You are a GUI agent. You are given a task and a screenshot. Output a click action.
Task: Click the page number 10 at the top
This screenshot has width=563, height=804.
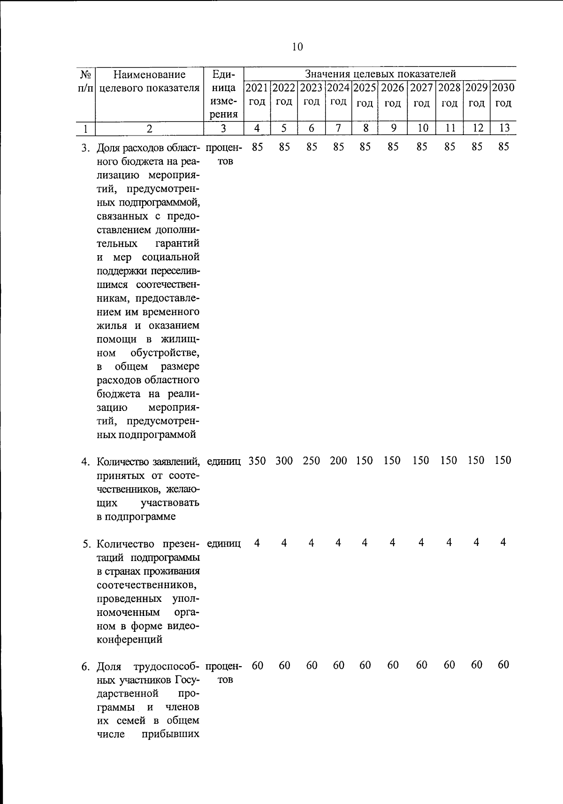(x=297, y=47)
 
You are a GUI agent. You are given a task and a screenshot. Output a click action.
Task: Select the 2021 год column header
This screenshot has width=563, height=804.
(x=257, y=95)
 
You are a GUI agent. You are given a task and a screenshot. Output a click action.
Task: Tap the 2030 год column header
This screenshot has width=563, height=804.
(x=503, y=95)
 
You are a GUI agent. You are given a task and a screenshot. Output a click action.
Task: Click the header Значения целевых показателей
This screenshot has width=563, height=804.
(x=380, y=74)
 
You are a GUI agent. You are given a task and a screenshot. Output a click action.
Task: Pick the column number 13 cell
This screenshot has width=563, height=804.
(x=503, y=128)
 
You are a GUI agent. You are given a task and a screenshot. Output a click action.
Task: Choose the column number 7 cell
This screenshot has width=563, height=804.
(x=338, y=128)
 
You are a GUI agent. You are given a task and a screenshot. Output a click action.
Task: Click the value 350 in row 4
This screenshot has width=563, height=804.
(x=257, y=461)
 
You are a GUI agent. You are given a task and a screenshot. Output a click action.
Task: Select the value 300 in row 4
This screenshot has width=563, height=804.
(x=284, y=461)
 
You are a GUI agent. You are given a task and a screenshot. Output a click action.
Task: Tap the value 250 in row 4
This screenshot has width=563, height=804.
(x=312, y=461)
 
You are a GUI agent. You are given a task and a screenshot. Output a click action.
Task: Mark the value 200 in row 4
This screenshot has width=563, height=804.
(x=338, y=461)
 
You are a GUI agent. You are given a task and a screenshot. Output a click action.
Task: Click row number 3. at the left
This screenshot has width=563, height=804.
(x=85, y=149)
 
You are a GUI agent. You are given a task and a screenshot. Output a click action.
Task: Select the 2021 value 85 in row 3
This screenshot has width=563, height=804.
(x=257, y=147)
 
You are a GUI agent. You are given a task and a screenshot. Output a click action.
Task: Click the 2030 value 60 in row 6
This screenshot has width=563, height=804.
(x=503, y=665)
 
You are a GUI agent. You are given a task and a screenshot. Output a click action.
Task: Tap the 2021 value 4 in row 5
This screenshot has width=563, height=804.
(x=257, y=543)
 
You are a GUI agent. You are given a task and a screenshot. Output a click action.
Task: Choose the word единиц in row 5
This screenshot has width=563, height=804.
(x=224, y=544)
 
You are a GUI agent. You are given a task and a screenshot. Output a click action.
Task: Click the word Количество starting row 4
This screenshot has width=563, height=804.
(x=123, y=462)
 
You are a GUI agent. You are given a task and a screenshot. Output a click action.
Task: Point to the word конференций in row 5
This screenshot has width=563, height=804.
(x=129, y=639)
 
